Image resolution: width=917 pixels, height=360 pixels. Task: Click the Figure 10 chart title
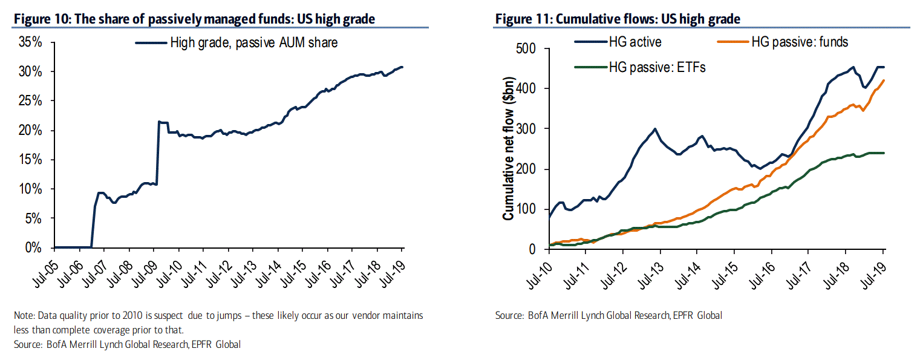[194, 19]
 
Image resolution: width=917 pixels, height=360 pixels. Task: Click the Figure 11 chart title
[618, 19]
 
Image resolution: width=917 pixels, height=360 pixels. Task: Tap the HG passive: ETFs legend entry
[657, 67]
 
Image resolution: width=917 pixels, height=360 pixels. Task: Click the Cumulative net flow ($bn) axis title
[509, 149]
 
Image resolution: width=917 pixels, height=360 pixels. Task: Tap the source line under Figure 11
[609, 315]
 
